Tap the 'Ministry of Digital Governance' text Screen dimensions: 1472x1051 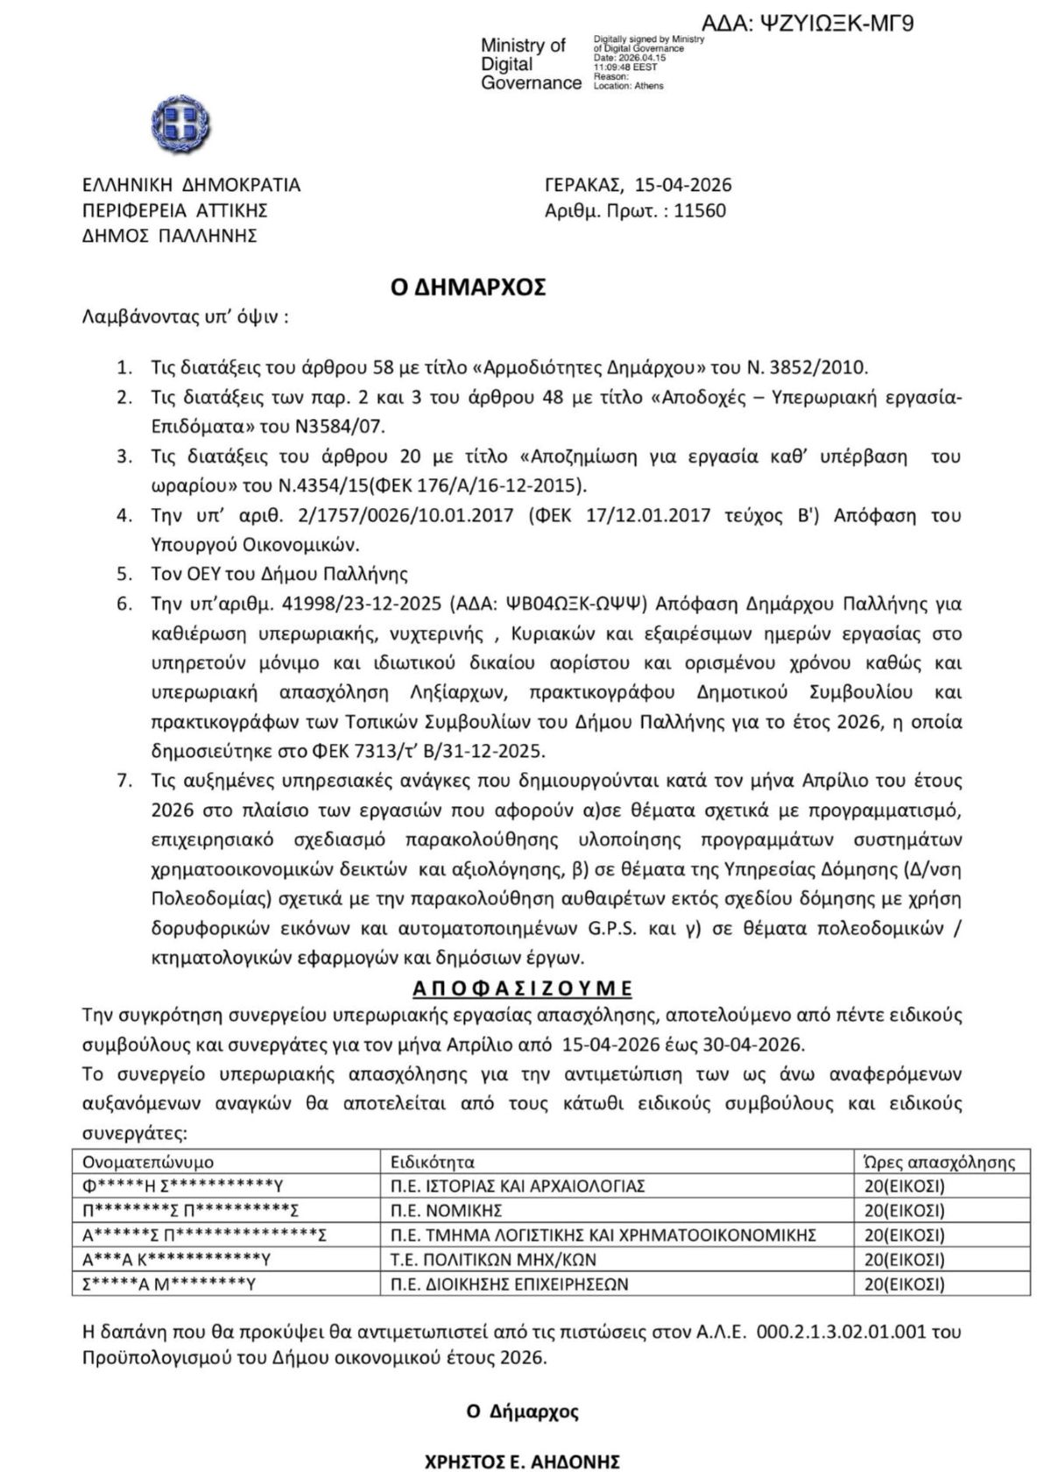[x=530, y=64]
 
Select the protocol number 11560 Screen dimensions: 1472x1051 [x=700, y=211]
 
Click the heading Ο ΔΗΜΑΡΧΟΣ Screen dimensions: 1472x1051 [x=468, y=287]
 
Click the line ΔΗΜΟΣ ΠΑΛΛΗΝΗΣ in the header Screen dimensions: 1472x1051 [x=169, y=236]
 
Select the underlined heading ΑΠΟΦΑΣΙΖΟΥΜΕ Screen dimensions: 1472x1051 [x=522, y=988]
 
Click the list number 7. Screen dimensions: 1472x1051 [x=124, y=780]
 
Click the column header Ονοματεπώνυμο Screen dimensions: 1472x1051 [x=148, y=1162]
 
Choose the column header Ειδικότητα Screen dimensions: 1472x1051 [x=433, y=1162]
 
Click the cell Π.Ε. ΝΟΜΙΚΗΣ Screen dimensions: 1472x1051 [x=446, y=1211]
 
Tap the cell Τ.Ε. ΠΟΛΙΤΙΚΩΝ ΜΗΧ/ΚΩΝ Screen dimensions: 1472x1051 [x=493, y=1260]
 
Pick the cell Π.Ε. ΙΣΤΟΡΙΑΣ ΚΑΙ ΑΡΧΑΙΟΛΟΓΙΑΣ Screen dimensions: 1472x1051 [x=518, y=1186]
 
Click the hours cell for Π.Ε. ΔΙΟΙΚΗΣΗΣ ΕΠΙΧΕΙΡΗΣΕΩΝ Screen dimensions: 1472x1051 [x=904, y=1284]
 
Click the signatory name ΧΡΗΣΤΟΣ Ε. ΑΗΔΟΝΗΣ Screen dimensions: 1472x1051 [x=522, y=1461]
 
